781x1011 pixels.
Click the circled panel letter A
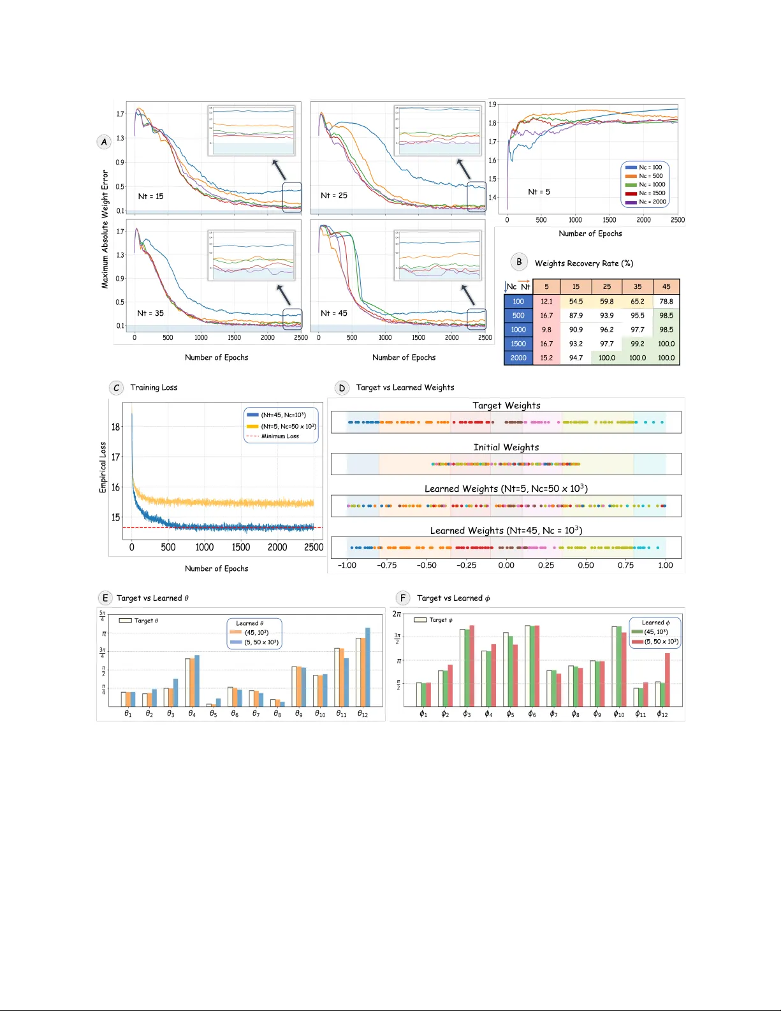pyautogui.click(x=104, y=142)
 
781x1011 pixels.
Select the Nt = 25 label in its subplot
pyautogui.click(x=334, y=195)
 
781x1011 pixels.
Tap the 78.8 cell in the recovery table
pyautogui.click(x=666, y=301)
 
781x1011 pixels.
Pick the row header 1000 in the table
pyautogui.click(x=518, y=330)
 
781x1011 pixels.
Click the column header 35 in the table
pyautogui.click(x=638, y=287)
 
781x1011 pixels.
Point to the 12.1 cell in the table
pyautogui.click(x=546, y=301)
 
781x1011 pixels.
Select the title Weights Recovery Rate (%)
pyautogui.click(x=583, y=263)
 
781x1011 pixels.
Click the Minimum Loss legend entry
pyautogui.click(x=280, y=436)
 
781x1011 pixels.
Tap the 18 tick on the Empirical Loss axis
pyautogui.click(x=115, y=427)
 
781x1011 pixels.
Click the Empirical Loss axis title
pyautogui.click(x=103, y=468)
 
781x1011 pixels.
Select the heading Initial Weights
pyautogui.click(x=506, y=447)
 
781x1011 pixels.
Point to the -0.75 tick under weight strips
pyautogui.click(x=386, y=565)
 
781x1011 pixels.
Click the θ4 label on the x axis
pyautogui.click(x=192, y=714)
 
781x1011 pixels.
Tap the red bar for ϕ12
pyautogui.click(x=668, y=679)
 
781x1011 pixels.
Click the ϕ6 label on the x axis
pyautogui.click(x=532, y=714)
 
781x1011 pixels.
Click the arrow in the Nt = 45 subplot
pyautogui.click(x=468, y=295)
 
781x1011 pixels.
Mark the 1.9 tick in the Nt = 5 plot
pyautogui.click(x=492, y=105)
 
